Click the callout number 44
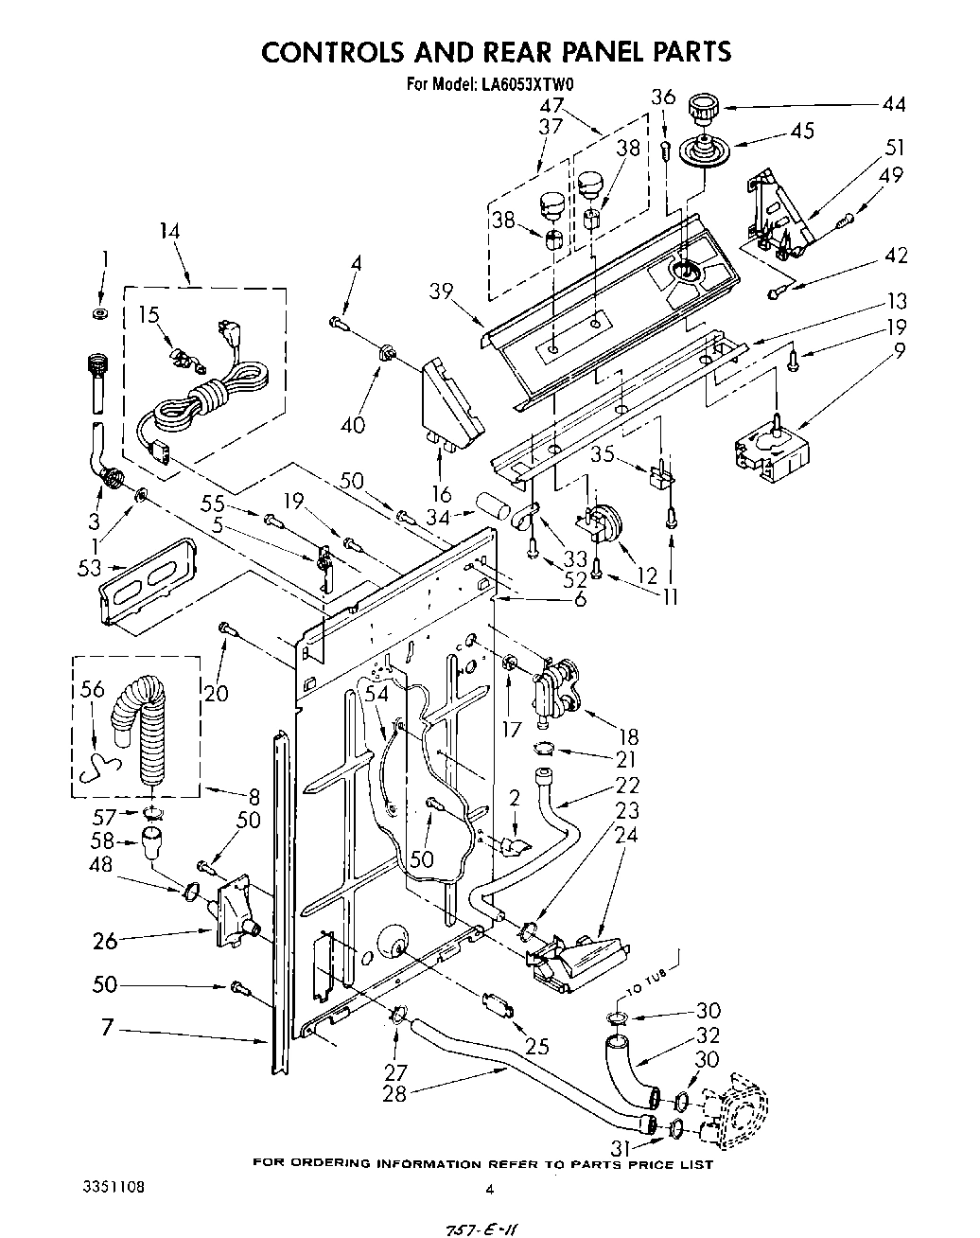893,104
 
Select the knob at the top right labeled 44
703,108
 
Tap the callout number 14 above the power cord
170,232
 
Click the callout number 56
92,691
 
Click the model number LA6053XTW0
531,84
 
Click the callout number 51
894,147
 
